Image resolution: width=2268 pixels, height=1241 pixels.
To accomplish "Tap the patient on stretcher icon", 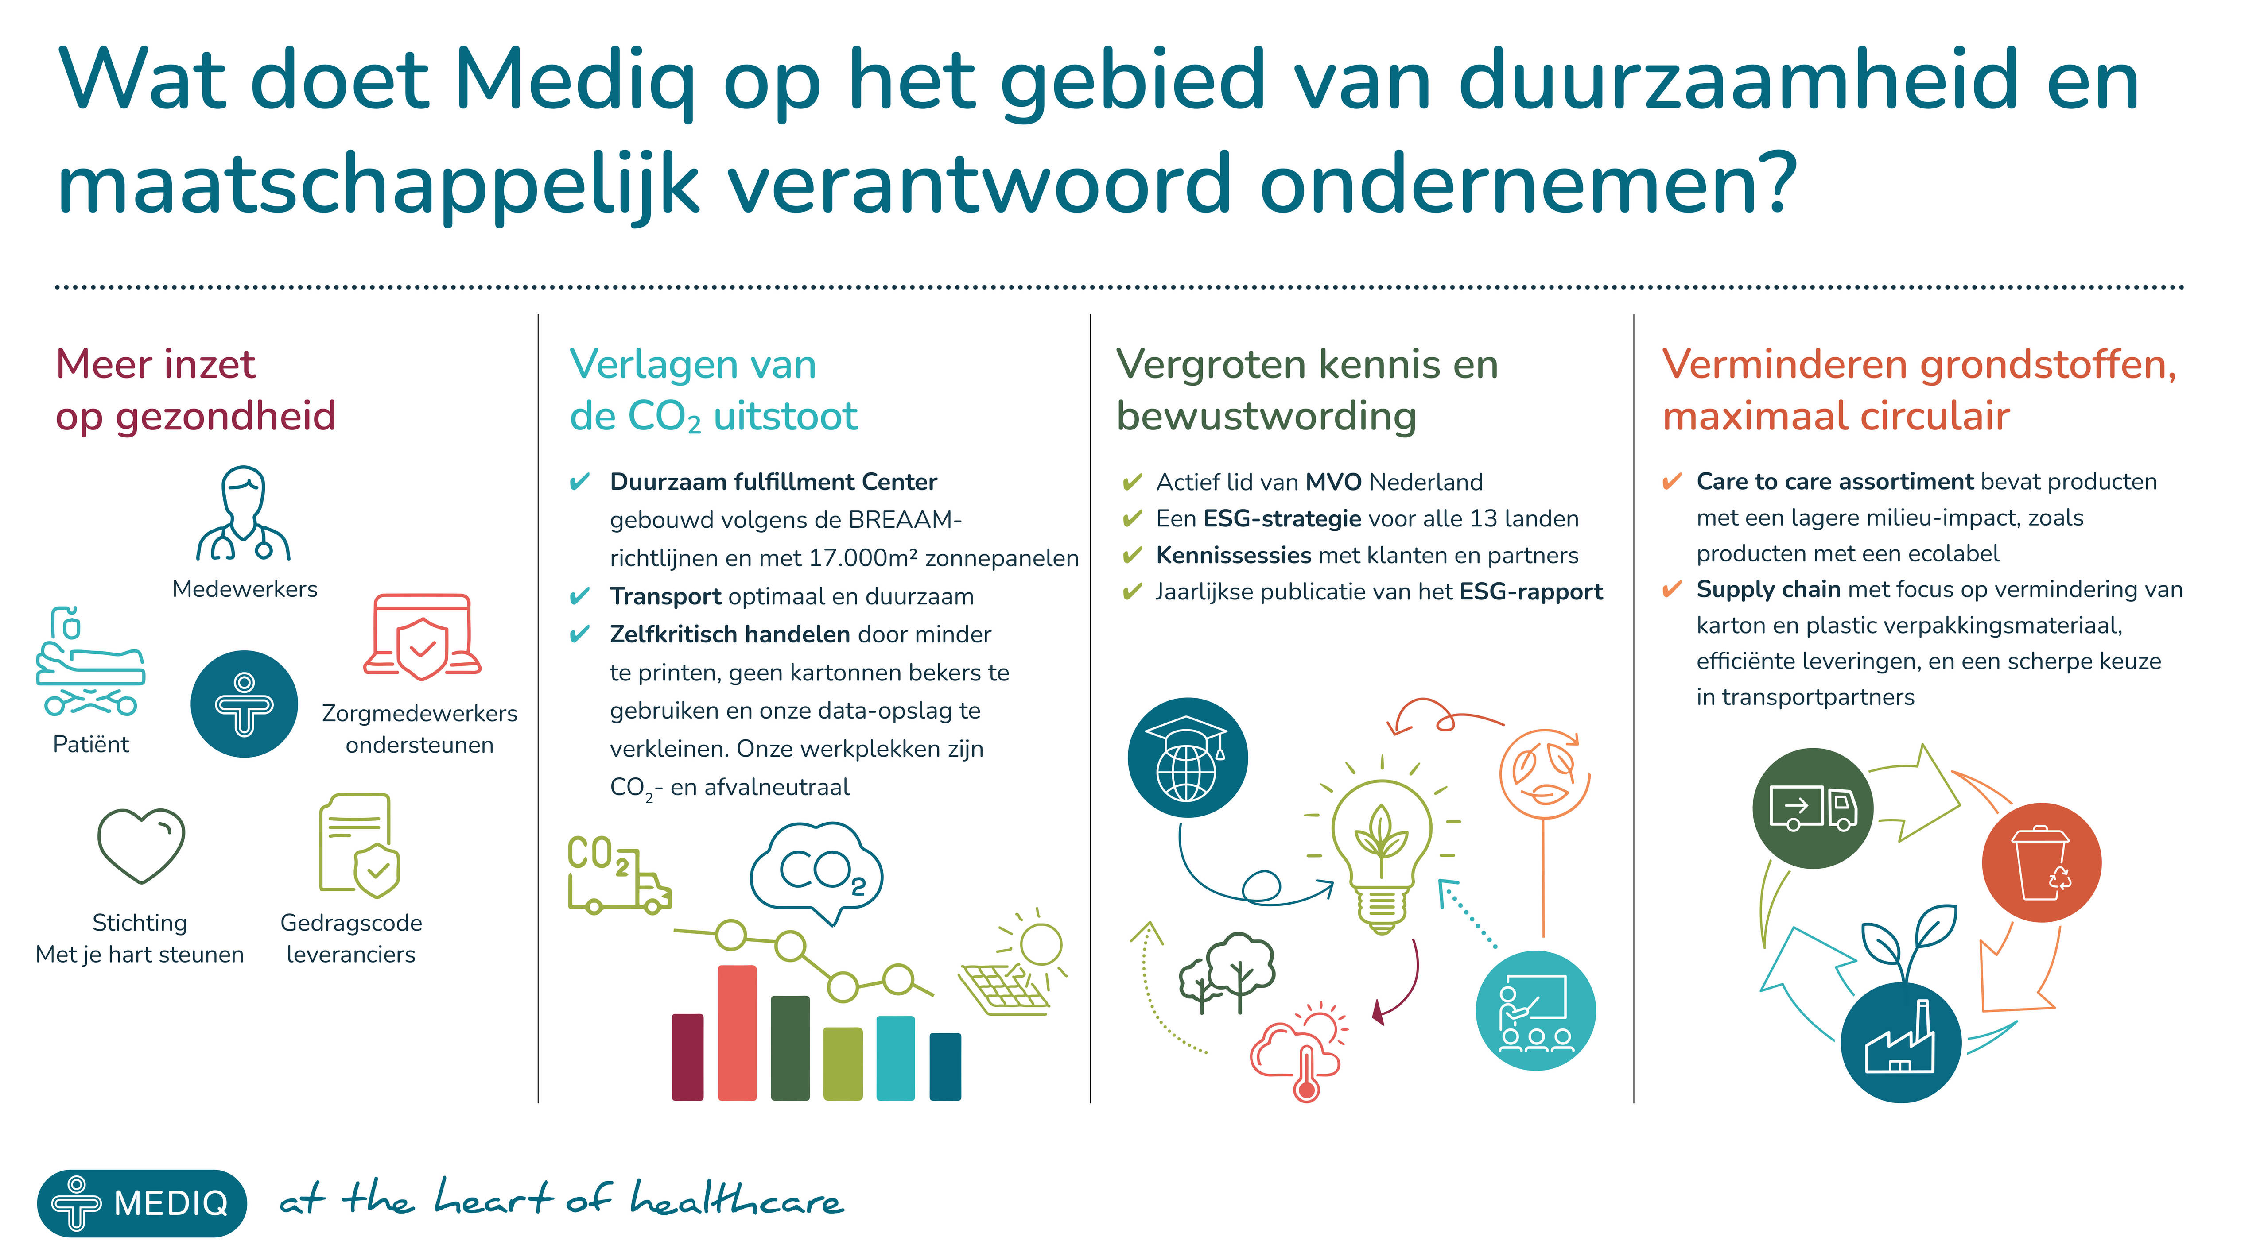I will (90, 662).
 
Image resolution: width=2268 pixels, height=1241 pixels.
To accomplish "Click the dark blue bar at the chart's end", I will (945, 1067).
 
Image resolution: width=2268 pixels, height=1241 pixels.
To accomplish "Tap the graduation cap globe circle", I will (1187, 758).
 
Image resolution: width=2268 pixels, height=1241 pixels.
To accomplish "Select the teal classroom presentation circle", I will (1534, 1010).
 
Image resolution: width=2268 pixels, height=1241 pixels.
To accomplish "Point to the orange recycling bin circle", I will (2041, 862).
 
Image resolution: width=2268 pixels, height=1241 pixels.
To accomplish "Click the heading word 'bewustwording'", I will (1266, 416).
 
